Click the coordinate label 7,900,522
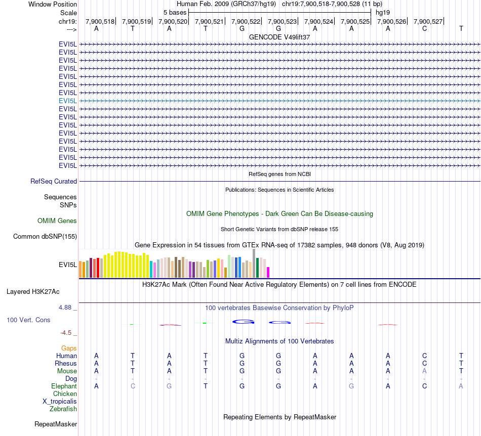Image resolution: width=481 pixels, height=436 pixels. pos(246,21)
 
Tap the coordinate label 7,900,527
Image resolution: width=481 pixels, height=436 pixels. pos(428,21)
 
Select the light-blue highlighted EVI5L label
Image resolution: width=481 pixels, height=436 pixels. pos(68,101)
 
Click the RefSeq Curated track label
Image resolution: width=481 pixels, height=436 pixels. pos(54,181)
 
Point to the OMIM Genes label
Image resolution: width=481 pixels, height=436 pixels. pos(57,221)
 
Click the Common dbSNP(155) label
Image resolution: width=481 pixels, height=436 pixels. pos(45,236)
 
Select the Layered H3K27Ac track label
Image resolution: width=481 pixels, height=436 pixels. pos(33,291)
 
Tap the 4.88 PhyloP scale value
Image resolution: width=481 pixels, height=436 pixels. pos(67,307)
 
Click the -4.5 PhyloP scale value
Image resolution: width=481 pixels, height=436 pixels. pos(67,332)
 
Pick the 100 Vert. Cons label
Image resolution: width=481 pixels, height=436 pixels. pos(29,320)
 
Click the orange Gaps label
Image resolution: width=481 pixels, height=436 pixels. pos(69,348)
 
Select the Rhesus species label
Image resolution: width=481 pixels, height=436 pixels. pos(66,363)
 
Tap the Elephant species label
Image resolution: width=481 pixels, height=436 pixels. pos(64,386)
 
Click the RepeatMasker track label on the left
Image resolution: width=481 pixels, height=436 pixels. pos(56,424)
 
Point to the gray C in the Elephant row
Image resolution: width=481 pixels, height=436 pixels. pos(133,386)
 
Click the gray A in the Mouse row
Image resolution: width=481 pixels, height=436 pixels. pos(424,371)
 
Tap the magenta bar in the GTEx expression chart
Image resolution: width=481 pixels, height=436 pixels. pos(268,272)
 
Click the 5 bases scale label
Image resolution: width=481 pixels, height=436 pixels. pos(175,12)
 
